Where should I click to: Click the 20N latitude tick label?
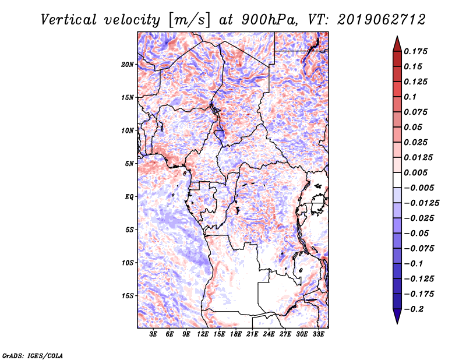128,64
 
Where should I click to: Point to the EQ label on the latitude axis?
129,196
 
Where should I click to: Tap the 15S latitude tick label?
128,295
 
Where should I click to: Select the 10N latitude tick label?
128,130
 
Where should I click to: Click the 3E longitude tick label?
154,334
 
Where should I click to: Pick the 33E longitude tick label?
318,334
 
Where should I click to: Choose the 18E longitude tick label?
236,334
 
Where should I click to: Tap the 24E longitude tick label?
269,334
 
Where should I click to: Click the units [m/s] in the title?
188,20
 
